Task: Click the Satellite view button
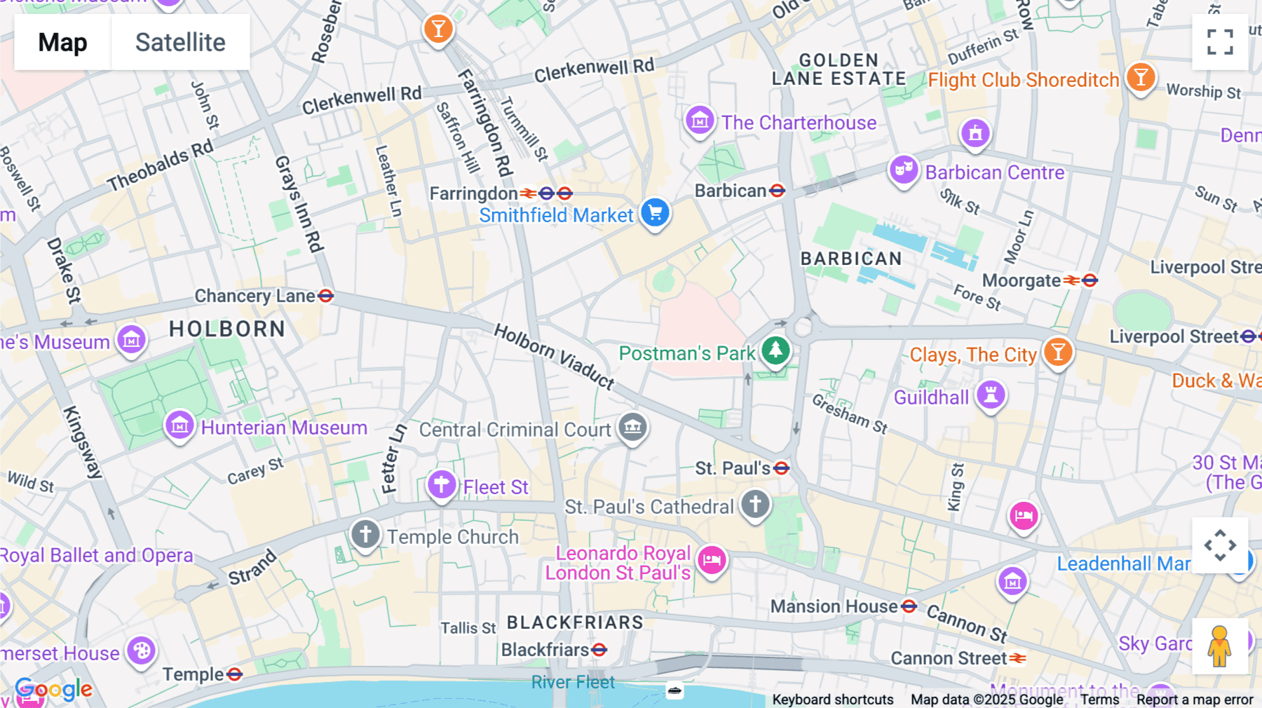pyautogui.click(x=180, y=42)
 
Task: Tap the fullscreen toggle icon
pyautogui.click(x=1220, y=42)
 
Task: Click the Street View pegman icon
pyautogui.click(x=1220, y=646)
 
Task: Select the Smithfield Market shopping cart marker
pyautogui.click(x=656, y=212)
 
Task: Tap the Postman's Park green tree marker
pyautogui.click(x=775, y=349)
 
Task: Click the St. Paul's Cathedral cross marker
pyautogui.click(x=755, y=504)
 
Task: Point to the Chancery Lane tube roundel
pyautogui.click(x=325, y=296)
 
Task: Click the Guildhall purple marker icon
pyautogui.click(x=991, y=395)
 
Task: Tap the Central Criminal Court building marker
pyautogui.click(x=632, y=426)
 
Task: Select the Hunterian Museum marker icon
pyautogui.click(x=179, y=425)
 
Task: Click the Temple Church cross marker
pyautogui.click(x=365, y=534)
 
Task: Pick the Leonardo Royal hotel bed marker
pyautogui.click(x=712, y=559)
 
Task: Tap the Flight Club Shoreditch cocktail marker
pyautogui.click(x=1141, y=77)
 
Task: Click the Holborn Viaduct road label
pyautogui.click(x=554, y=356)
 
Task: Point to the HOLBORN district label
pyautogui.click(x=227, y=329)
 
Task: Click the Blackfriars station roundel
pyautogui.click(x=599, y=650)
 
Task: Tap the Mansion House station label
pyautogui.click(x=834, y=606)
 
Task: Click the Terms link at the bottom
pyautogui.click(x=1099, y=700)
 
